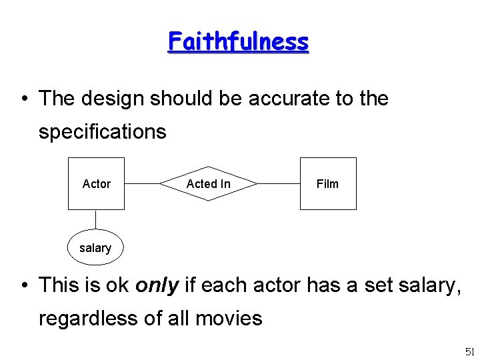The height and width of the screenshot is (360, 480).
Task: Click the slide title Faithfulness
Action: tap(238, 41)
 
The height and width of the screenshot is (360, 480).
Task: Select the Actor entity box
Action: tap(97, 183)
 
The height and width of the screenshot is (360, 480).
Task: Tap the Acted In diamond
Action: tap(209, 183)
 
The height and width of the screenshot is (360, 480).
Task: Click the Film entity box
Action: tap(327, 183)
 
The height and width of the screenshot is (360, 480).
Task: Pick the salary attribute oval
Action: tap(95, 248)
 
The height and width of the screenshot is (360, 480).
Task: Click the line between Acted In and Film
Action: tap(279, 183)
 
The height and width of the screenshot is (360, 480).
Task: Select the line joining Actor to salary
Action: tap(96, 220)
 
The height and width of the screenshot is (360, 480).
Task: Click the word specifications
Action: tap(102, 131)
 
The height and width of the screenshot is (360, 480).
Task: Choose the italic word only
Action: tap(157, 285)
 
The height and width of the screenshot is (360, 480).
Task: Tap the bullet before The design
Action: tap(25, 99)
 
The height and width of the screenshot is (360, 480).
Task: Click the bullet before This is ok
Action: tap(25, 285)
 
